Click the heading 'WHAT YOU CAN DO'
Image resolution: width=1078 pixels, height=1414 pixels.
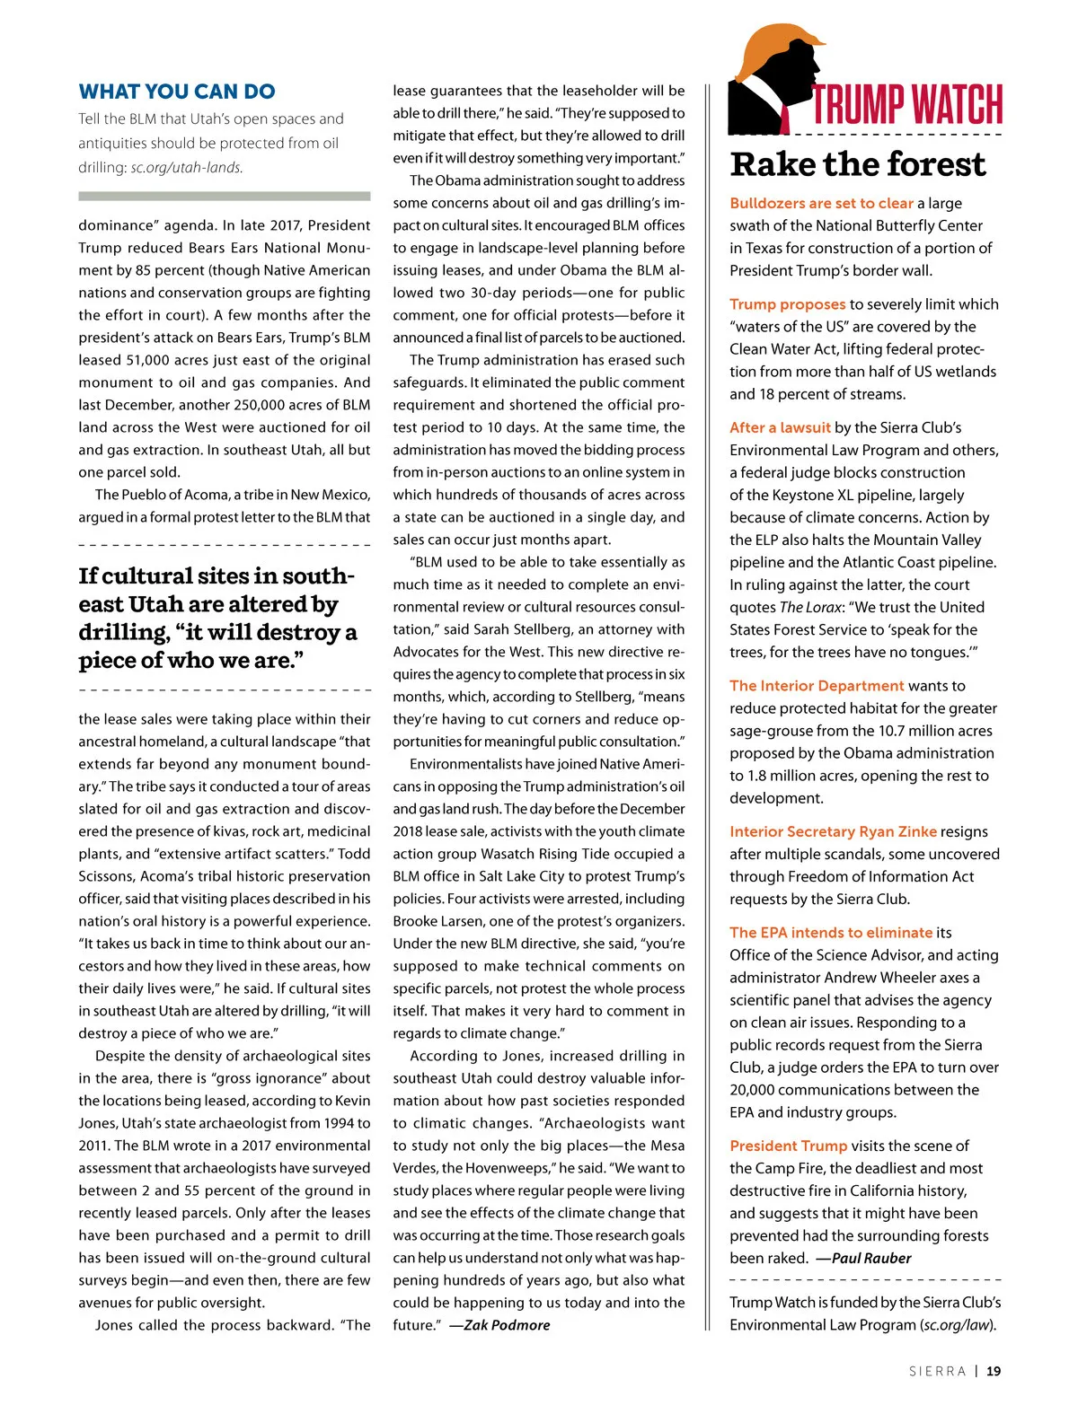click(x=177, y=92)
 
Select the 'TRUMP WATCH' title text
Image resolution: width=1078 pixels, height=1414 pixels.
click(x=907, y=104)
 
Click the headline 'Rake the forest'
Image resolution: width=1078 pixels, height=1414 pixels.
click(x=858, y=164)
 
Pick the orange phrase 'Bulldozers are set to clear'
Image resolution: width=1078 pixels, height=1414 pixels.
click(x=821, y=204)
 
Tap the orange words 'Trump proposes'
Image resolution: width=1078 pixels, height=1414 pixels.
click(x=788, y=304)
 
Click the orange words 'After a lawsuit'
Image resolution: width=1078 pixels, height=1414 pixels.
click(x=781, y=428)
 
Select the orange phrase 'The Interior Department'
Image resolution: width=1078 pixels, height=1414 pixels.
click(x=817, y=686)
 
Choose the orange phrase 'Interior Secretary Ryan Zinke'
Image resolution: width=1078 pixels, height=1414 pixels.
click(x=833, y=832)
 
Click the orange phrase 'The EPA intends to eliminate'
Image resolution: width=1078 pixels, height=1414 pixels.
click(x=831, y=933)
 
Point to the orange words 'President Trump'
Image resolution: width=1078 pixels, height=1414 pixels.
click(x=788, y=1146)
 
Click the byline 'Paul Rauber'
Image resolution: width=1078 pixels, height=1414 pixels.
click(x=870, y=1259)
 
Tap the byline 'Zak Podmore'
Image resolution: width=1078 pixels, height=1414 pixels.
click(x=507, y=1326)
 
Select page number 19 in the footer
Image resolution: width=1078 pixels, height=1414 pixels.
click(x=993, y=1371)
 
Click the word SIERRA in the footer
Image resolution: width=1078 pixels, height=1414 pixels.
click(x=937, y=1371)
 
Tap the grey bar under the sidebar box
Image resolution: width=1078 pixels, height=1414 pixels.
click(x=224, y=196)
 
